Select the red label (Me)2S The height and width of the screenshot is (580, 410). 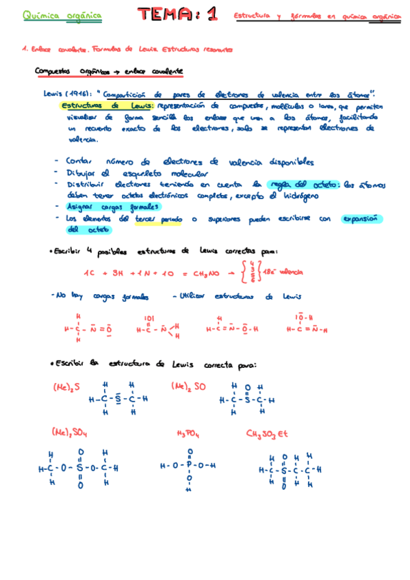66,386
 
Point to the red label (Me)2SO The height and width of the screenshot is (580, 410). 188,386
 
